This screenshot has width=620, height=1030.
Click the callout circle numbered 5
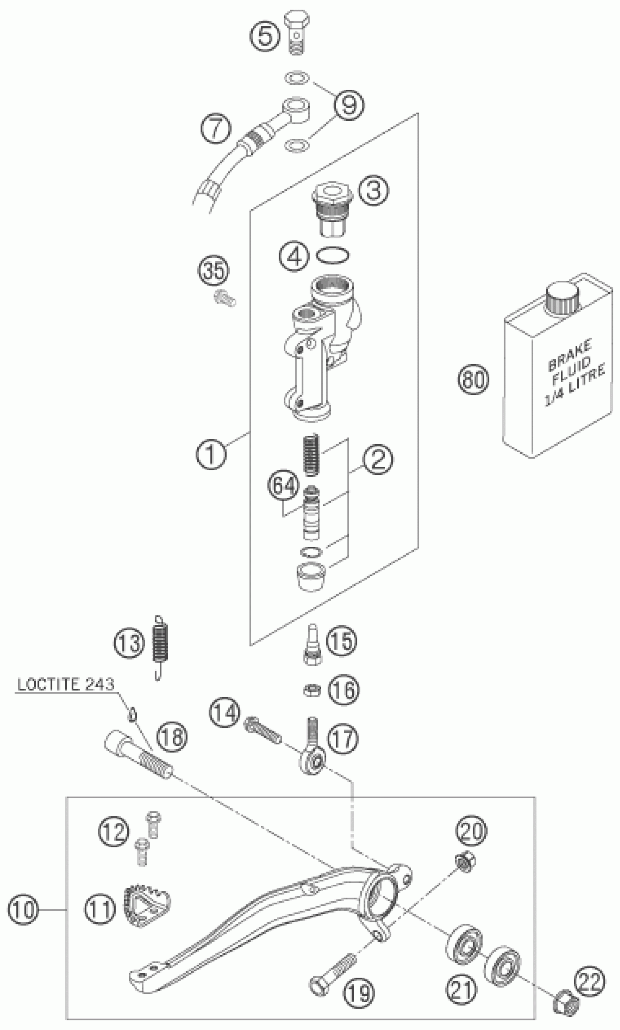pos(265,35)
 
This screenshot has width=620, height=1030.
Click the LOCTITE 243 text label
pos(66,685)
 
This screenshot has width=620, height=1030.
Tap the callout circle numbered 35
pos(213,271)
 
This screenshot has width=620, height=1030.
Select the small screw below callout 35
pos(224,299)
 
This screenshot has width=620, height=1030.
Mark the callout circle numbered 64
pos(284,486)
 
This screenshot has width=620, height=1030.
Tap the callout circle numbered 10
pos(23,909)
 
